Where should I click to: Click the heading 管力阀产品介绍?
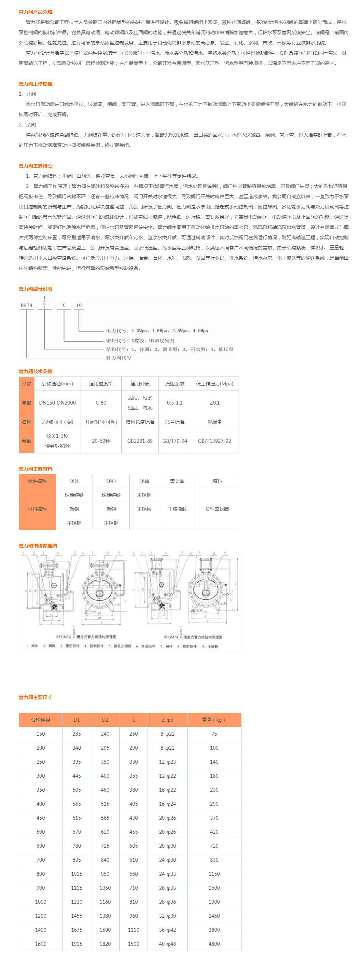tap(35, 12)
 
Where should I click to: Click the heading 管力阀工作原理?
tap(35, 84)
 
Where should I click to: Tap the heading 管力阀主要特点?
tap(35, 166)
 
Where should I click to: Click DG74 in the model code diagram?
tap(26, 305)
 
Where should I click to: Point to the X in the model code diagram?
tap(64, 305)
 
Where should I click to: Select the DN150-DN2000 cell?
tap(57, 403)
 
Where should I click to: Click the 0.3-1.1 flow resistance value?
tap(175, 403)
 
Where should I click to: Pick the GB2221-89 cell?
tap(140, 441)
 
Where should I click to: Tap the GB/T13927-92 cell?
tap(214, 441)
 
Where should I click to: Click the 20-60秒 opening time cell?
tap(101, 441)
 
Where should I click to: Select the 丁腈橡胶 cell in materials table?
tap(177, 509)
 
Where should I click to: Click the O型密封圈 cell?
tap(217, 509)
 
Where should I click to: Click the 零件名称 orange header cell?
tap(37, 481)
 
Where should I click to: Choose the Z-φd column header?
tap(167, 720)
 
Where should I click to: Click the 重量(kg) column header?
tap(214, 720)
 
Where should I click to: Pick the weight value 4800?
tap(214, 944)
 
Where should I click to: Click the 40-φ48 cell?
tap(167, 944)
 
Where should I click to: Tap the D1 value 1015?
tap(77, 874)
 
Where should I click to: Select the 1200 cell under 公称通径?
tap(40, 916)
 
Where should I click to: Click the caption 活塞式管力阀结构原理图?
tap(203, 637)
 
